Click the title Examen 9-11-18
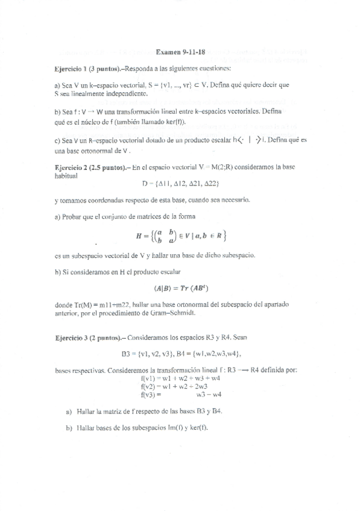click(180, 52)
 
